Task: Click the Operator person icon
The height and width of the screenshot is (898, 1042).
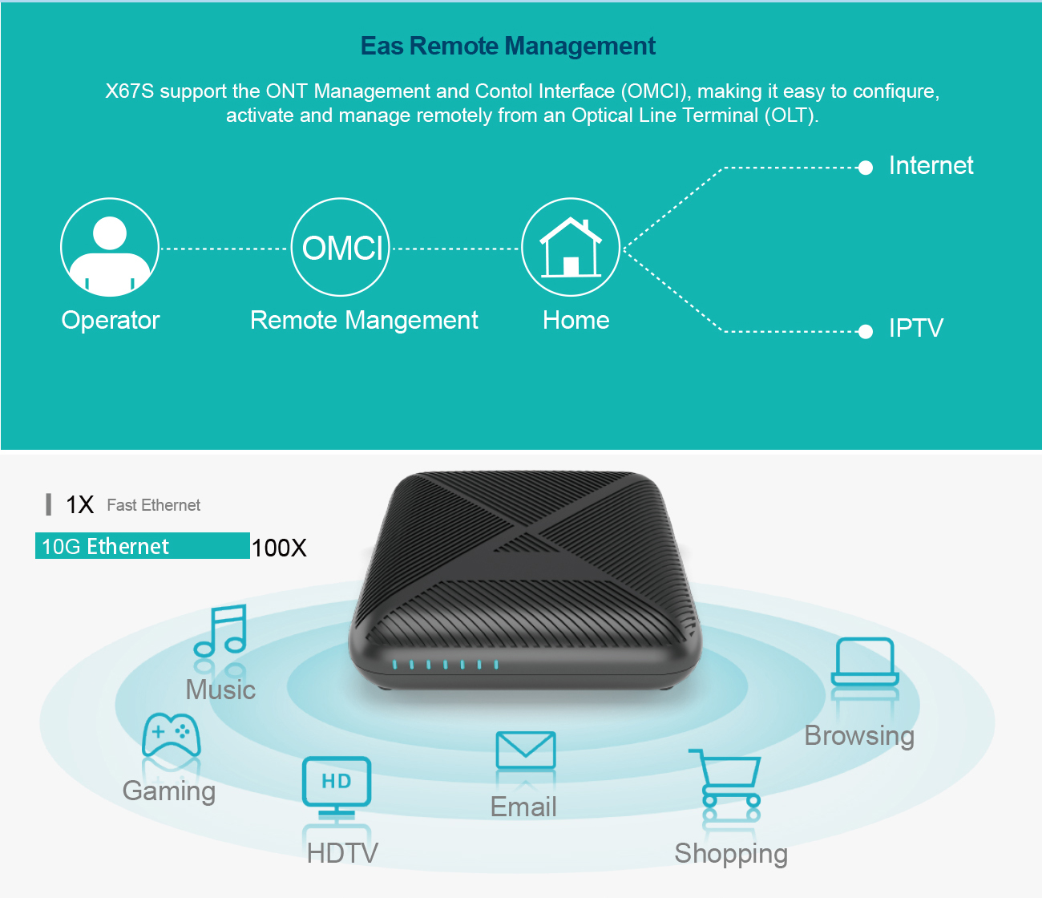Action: tap(110, 248)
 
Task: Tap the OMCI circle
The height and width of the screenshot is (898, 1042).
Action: tap(340, 248)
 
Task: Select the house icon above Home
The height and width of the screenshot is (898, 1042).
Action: tap(571, 248)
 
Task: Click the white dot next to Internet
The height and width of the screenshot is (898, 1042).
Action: tap(865, 168)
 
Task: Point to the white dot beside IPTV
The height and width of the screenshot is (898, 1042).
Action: tap(865, 331)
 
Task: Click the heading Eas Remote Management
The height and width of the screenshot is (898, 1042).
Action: tap(508, 47)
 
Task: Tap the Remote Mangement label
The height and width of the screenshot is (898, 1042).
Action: tap(364, 321)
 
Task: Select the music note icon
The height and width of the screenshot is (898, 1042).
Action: tap(221, 630)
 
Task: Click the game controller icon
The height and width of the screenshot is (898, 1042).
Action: tap(171, 734)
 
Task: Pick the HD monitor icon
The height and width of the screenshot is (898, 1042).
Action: tap(337, 783)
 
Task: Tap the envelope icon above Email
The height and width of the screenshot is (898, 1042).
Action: tap(526, 750)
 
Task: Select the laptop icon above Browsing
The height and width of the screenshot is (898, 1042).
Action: tap(865, 661)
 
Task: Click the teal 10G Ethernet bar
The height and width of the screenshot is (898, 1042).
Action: tap(143, 546)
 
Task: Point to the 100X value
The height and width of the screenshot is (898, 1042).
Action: tap(279, 548)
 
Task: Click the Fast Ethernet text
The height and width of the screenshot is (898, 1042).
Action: tap(154, 505)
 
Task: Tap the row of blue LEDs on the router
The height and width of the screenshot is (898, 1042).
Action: tap(446, 665)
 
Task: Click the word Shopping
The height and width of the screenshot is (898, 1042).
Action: tap(731, 854)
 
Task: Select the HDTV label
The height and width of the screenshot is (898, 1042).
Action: tap(342, 853)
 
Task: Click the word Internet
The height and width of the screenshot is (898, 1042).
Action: tap(931, 166)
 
